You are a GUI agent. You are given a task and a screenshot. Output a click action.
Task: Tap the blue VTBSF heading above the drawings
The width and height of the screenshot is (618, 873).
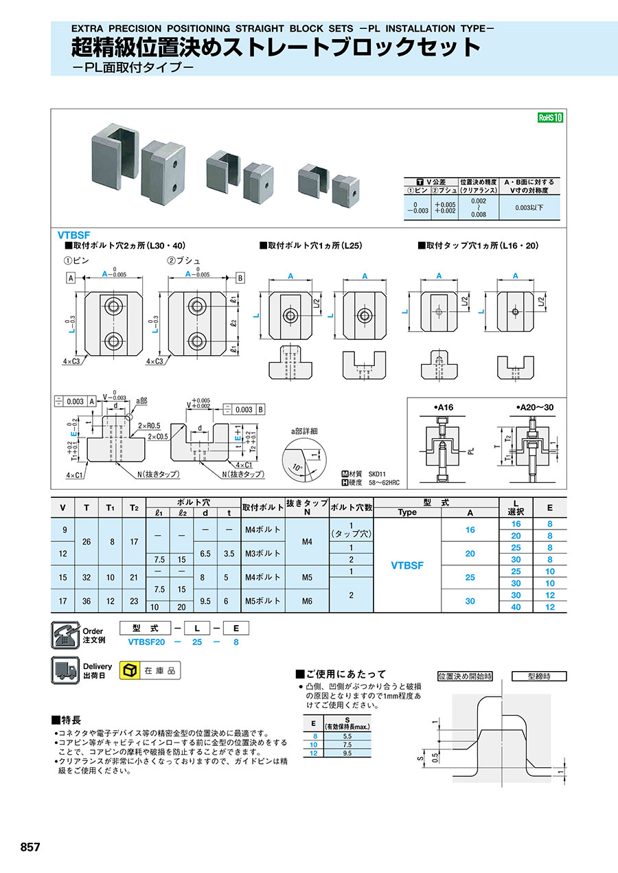click(74, 234)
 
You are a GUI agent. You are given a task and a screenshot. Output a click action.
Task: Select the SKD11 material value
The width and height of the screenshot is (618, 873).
click(379, 473)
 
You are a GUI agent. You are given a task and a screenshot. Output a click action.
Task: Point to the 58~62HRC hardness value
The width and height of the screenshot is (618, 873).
click(385, 483)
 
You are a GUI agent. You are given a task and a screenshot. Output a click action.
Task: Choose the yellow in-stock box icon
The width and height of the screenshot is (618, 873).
click(128, 670)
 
